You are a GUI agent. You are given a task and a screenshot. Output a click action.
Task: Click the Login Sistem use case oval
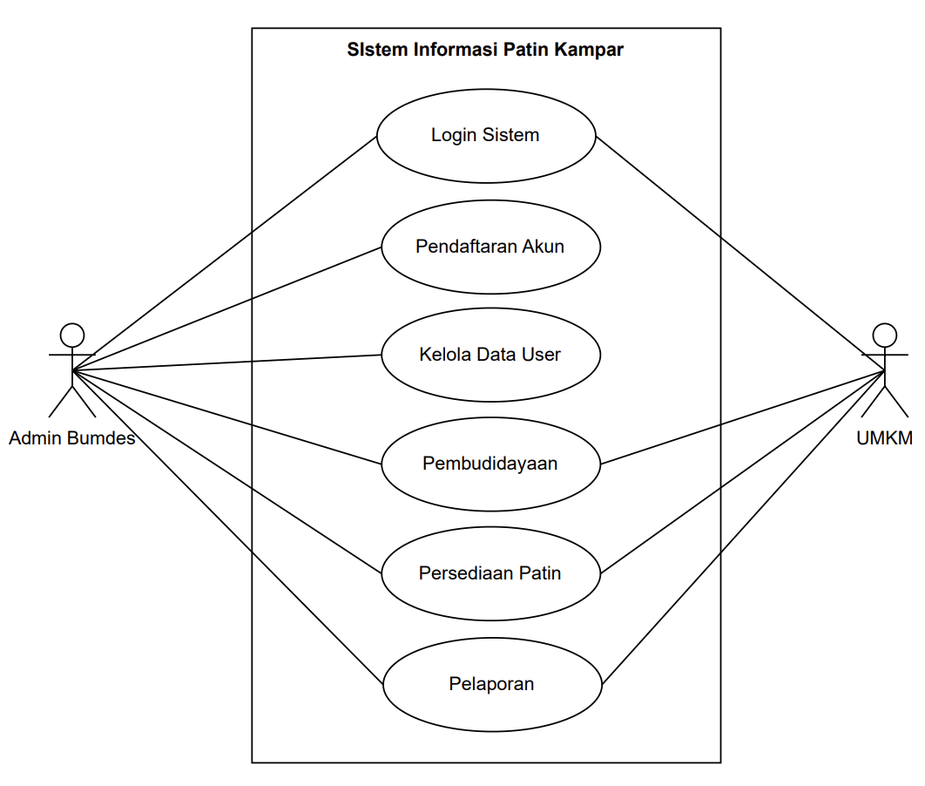(x=486, y=136)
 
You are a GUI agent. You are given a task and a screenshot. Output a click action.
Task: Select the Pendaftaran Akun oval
(x=490, y=246)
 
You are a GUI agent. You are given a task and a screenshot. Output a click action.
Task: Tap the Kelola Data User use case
(x=490, y=355)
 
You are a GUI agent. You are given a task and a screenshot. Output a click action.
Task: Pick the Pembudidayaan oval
(x=490, y=464)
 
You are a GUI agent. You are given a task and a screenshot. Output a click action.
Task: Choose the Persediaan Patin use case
(x=490, y=573)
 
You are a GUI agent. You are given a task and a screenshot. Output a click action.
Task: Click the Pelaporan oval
(x=492, y=684)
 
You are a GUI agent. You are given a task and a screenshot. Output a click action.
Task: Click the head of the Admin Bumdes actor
(x=72, y=335)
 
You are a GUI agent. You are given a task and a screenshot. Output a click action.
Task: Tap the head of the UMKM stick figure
(x=885, y=335)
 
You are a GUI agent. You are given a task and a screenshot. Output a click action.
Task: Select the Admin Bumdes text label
(x=72, y=438)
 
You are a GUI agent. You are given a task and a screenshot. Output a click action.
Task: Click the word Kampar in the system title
(x=591, y=50)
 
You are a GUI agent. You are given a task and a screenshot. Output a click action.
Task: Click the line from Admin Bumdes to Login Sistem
(x=224, y=254)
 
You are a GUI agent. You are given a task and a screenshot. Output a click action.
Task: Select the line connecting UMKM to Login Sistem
(x=740, y=254)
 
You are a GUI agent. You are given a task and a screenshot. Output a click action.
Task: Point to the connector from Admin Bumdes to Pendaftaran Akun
(x=226, y=308)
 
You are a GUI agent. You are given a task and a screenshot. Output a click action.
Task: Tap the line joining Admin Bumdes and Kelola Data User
(x=226, y=363)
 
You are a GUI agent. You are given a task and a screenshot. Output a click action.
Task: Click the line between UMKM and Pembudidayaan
(x=743, y=417)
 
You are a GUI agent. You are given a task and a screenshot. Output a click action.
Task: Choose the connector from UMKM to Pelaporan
(x=743, y=528)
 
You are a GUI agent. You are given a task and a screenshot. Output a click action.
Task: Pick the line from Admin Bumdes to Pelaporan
(x=228, y=528)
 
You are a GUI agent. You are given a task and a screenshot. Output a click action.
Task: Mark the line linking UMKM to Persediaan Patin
(x=743, y=472)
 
